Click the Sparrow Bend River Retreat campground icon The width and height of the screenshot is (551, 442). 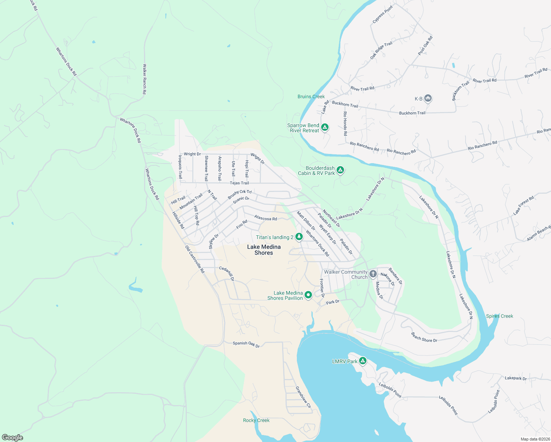pyautogui.click(x=324, y=127)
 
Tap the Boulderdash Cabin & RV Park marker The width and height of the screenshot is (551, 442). pyautogui.click(x=341, y=170)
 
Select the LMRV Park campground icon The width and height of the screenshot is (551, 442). pyautogui.click(x=363, y=361)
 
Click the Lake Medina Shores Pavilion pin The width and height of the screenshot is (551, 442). pyautogui.click(x=308, y=295)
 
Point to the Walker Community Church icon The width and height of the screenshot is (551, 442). pyautogui.click(x=373, y=274)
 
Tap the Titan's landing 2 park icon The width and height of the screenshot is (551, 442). pyautogui.click(x=299, y=237)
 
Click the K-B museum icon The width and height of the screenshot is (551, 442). pyautogui.click(x=428, y=98)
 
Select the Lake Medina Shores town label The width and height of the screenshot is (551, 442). pyautogui.click(x=264, y=250)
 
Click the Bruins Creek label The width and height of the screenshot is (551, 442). pyautogui.click(x=311, y=97)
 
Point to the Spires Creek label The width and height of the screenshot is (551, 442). pyautogui.click(x=499, y=316)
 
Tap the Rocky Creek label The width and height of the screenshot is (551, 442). pyautogui.click(x=256, y=420)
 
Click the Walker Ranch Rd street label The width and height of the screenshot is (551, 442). pyautogui.click(x=145, y=79)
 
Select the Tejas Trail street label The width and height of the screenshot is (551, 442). pyautogui.click(x=239, y=183)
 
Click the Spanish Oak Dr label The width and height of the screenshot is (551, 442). pyautogui.click(x=246, y=344)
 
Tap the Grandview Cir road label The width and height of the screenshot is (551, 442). pyautogui.click(x=303, y=397)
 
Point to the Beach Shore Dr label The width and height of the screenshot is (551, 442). pyautogui.click(x=424, y=337)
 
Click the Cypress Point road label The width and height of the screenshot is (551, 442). pyautogui.click(x=383, y=14)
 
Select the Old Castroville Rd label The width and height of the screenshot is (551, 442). pyautogui.click(x=194, y=259)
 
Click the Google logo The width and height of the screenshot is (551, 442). pyautogui.click(x=13, y=437)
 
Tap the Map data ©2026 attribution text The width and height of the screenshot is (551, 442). pyautogui.click(x=534, y=439)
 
